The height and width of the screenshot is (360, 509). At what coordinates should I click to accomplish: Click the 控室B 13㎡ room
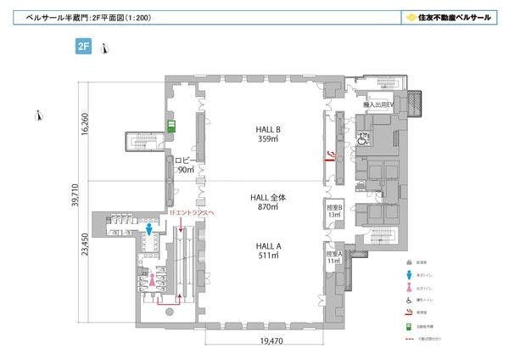point(333,211)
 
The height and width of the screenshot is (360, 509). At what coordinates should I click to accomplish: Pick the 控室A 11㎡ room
point(333,257)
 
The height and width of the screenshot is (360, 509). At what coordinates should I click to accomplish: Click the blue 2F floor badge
point(82,48)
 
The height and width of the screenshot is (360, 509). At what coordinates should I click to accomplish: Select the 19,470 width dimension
point(271,342)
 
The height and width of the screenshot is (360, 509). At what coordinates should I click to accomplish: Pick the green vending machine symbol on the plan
point(170,125)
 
